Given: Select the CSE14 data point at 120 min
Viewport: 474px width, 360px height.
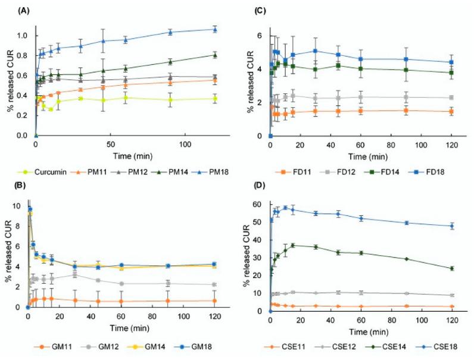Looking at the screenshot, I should (452, 268).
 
